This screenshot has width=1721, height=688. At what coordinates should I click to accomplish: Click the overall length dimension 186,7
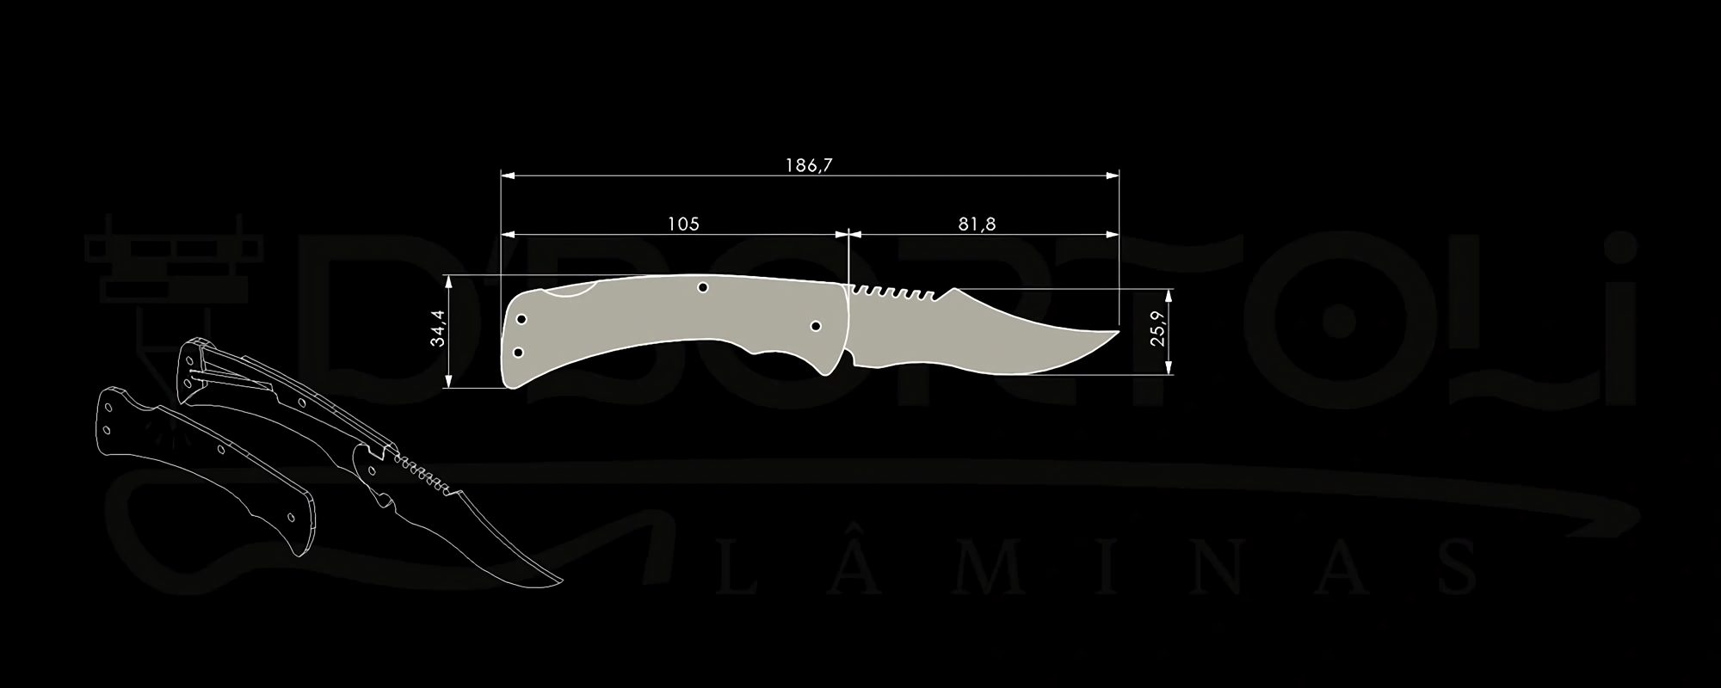(808, 165)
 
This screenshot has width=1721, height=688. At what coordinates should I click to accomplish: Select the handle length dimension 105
(683, 224)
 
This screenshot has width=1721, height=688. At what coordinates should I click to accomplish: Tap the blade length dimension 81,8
(977, 224)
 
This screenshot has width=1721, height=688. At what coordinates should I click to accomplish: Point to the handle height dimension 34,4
(439, 328)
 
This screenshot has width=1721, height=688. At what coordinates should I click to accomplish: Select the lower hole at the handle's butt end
(518, 352)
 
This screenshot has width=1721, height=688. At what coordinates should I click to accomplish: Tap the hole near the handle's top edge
(702, 287)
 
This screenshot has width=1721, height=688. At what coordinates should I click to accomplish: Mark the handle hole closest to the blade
(816, 326)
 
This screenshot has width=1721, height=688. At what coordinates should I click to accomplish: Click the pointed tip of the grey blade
(1118, 331)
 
